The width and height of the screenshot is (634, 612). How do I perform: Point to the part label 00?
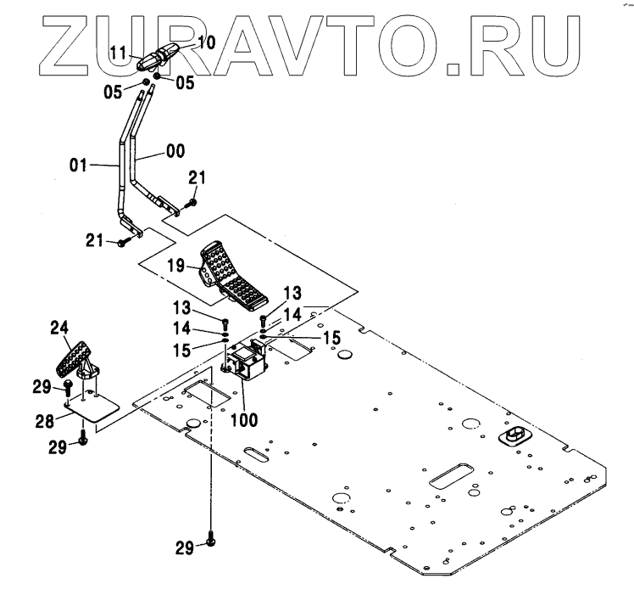[x=176, y=153]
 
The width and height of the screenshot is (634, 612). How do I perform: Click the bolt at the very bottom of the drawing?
[x=210, y=543]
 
